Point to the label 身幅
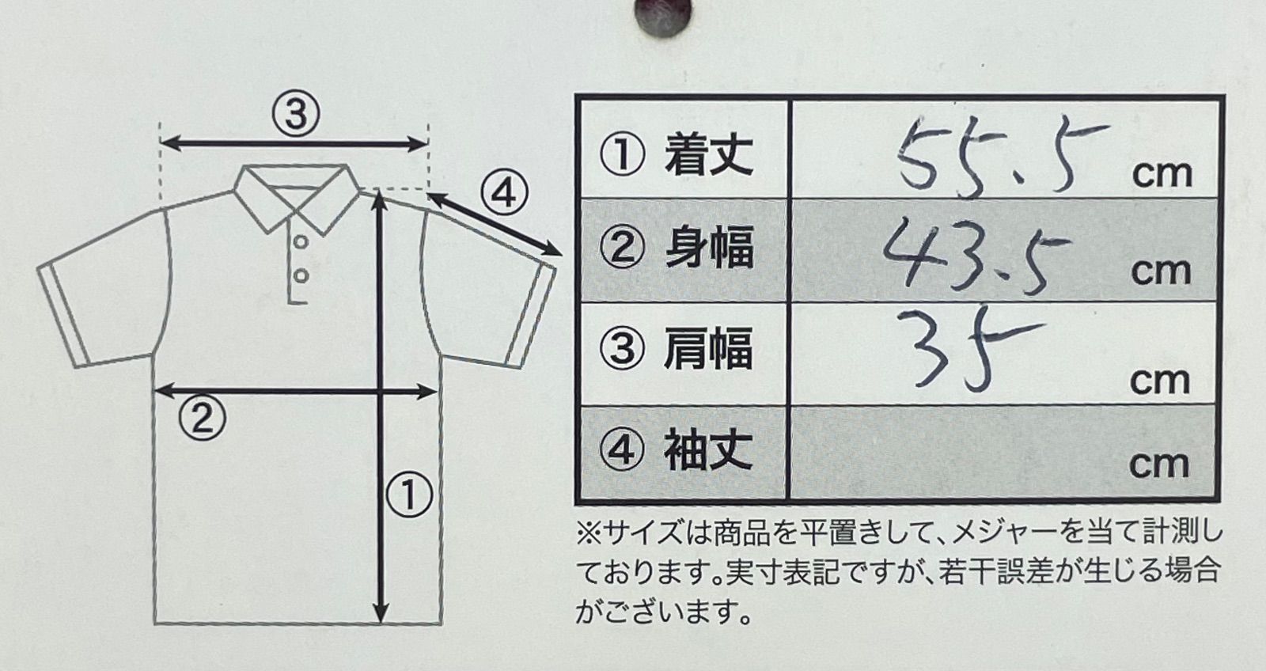pyautogui.click(x=708, y=248)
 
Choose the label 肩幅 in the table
pyautogui.click(x=708, y=350)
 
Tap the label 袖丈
pyautogui.click(x=708, y=450)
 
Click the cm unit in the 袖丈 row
pyautogui.click(x=1159, y=465)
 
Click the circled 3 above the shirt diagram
pyautogui.click(x=296, y=114)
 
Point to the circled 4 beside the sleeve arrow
pyautogui.click(x=505, y=194)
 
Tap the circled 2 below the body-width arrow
pyautogui.click(x=203, y=419)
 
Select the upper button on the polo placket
pyautogui.click(x=301, y=242)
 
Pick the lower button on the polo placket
pyautogui.click(x=301, y=276)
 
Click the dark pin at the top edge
pyautogui.click(x=663, y=17)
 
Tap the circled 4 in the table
pyautogui.click(x=621, y=450)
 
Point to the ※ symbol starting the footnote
pyautogui.click(x=589, y=534)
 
